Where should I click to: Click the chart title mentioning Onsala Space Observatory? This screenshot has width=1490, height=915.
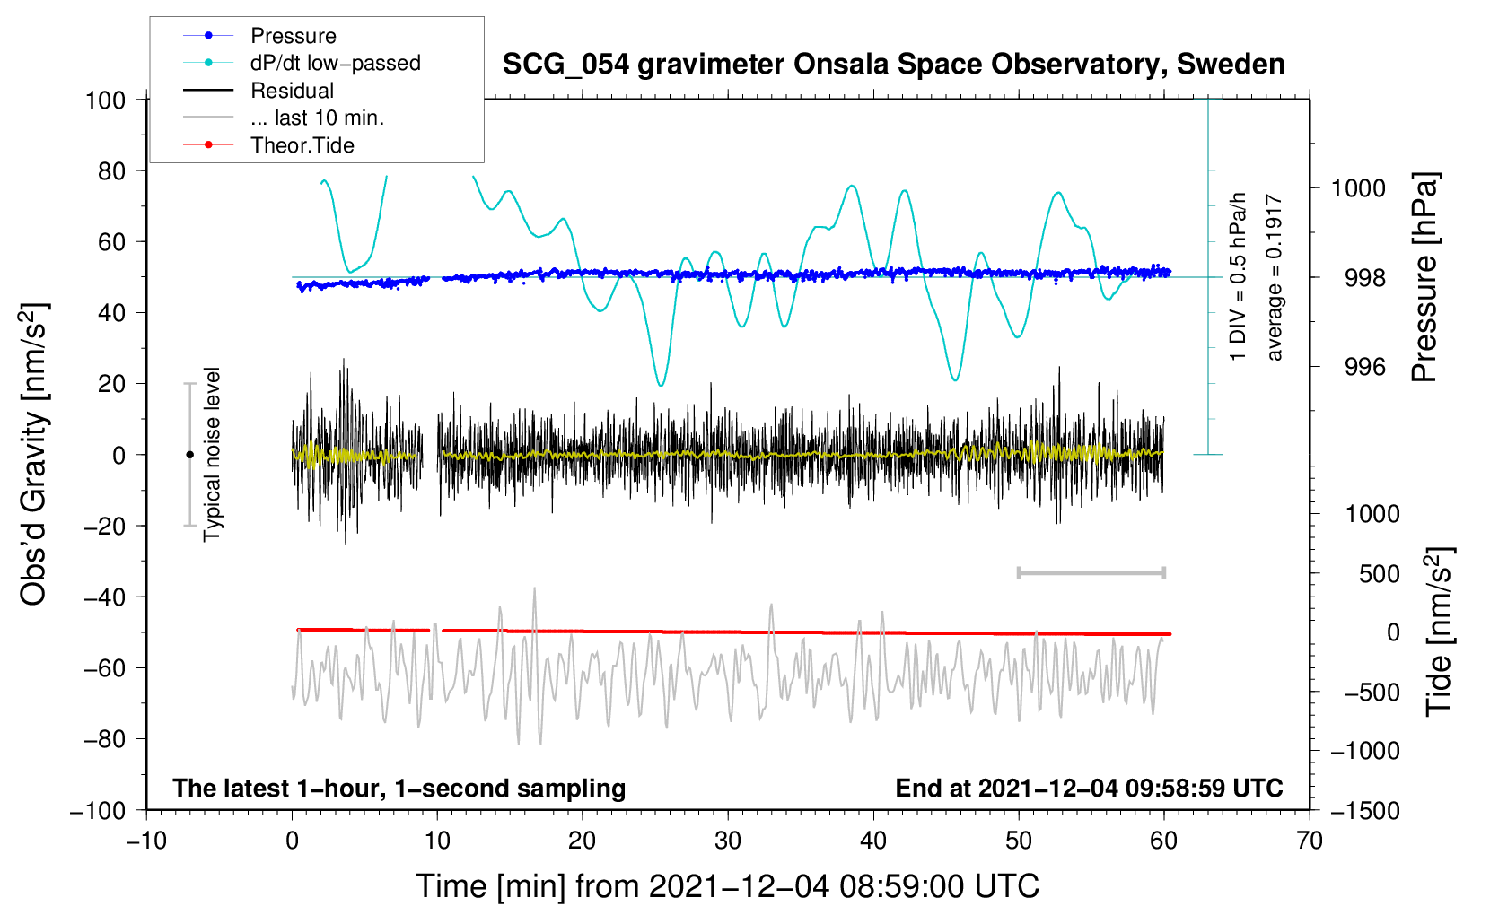point(893,65)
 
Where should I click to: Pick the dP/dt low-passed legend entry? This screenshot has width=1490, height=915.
point(335,63)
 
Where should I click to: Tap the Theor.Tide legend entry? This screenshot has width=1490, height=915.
point(302,145)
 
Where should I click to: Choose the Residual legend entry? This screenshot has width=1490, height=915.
point(292,91)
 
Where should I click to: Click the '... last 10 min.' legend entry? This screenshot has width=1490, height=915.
point(317,118)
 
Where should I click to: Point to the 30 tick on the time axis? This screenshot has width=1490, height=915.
point(728,841)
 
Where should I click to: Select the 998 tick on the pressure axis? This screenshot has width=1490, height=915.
point(1364,278)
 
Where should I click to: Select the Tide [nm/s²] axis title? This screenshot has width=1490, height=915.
point(1439,632)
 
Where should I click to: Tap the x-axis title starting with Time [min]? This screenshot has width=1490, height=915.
point(727,886)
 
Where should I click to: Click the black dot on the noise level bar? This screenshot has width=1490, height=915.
point(189,455)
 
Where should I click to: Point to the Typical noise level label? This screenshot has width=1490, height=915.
point(212,454)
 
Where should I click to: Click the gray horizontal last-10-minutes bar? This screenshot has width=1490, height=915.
point(1091,572)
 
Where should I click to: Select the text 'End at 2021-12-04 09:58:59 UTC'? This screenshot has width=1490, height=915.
point(1089,788)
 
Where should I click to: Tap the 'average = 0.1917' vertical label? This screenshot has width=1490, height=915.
point(1275,278)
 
